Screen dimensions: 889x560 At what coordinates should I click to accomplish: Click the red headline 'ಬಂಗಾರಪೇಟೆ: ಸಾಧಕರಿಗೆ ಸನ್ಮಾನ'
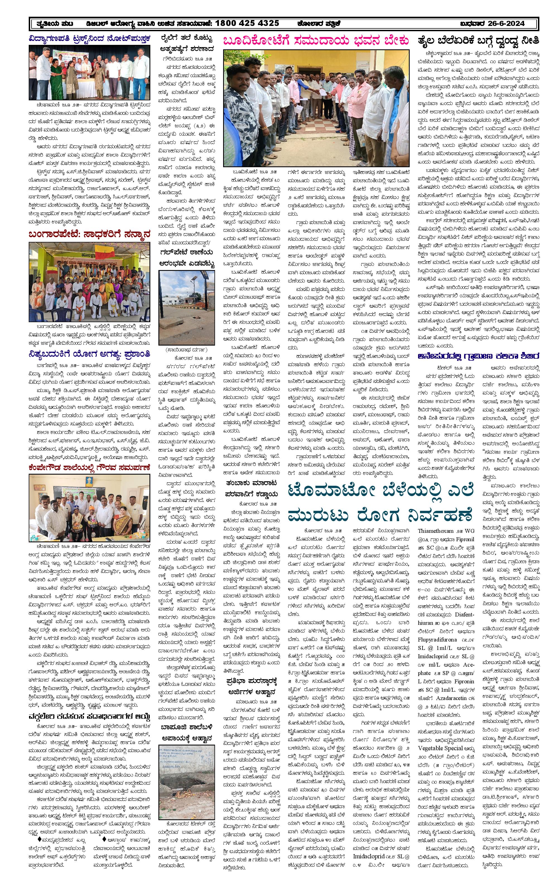point(90,234)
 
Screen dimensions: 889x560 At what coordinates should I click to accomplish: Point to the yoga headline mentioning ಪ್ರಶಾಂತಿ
point(90,354)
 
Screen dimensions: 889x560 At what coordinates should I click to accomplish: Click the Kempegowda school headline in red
point(90,467)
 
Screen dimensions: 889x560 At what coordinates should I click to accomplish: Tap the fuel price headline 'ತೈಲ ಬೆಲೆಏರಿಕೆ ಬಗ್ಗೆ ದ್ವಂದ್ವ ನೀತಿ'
point(478,40)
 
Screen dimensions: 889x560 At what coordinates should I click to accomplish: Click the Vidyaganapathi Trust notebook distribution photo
point(90,72)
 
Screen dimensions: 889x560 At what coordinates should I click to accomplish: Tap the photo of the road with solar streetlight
point(187,307)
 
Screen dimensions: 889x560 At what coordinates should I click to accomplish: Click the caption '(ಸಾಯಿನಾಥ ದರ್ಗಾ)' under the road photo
point(187,349)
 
